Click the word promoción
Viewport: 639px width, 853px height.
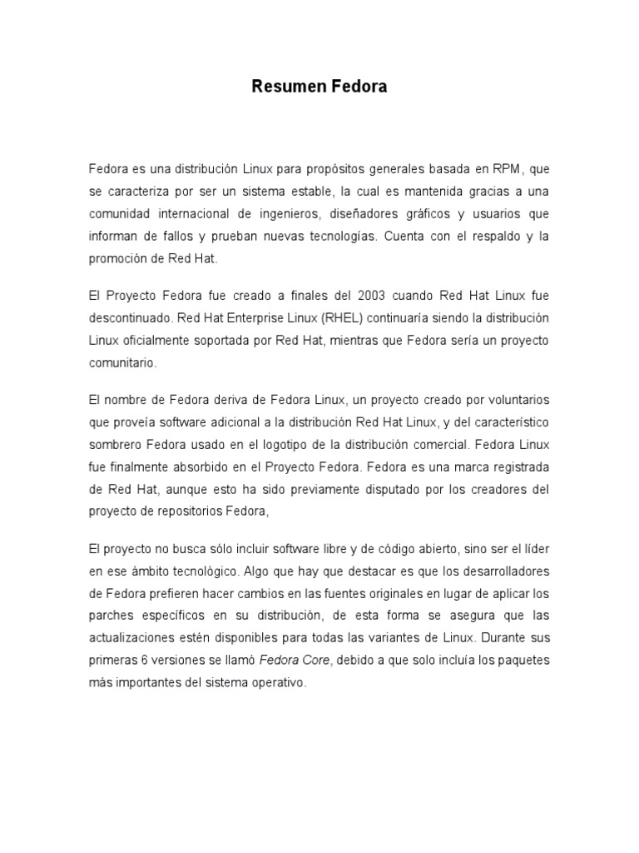[118, 258]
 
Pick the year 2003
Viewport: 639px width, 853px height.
[373, 297]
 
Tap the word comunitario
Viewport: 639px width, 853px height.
[121, 363]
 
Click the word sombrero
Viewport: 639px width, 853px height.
[115, 446]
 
